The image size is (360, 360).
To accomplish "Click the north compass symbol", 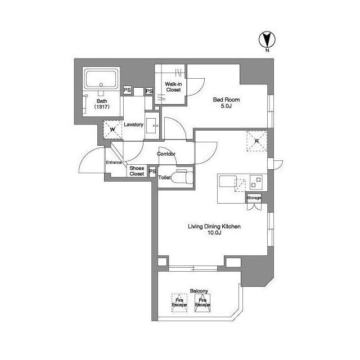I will click(267, 40).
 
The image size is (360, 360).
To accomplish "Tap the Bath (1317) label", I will click(101, 103).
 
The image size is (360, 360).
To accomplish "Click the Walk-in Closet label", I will click(173, 87).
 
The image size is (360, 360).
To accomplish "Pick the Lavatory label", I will click(133, 124).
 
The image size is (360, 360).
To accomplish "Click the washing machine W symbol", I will click(112, 129).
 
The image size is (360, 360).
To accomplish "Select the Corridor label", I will click(166, 154).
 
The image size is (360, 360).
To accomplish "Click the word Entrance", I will click(114, 163).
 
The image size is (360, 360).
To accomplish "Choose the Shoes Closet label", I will click(137, 171).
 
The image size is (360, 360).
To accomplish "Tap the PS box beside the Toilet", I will click(152, 172).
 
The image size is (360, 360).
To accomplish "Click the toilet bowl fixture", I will click(182, 178).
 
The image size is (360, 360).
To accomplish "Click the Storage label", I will click(254, 198).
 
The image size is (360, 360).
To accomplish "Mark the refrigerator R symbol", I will click(256, 141).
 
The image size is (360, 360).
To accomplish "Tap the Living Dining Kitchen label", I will click(214, 229).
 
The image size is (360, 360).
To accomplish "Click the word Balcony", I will click(199, 291).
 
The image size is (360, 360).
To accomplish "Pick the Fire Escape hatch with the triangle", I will click(202, 304).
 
